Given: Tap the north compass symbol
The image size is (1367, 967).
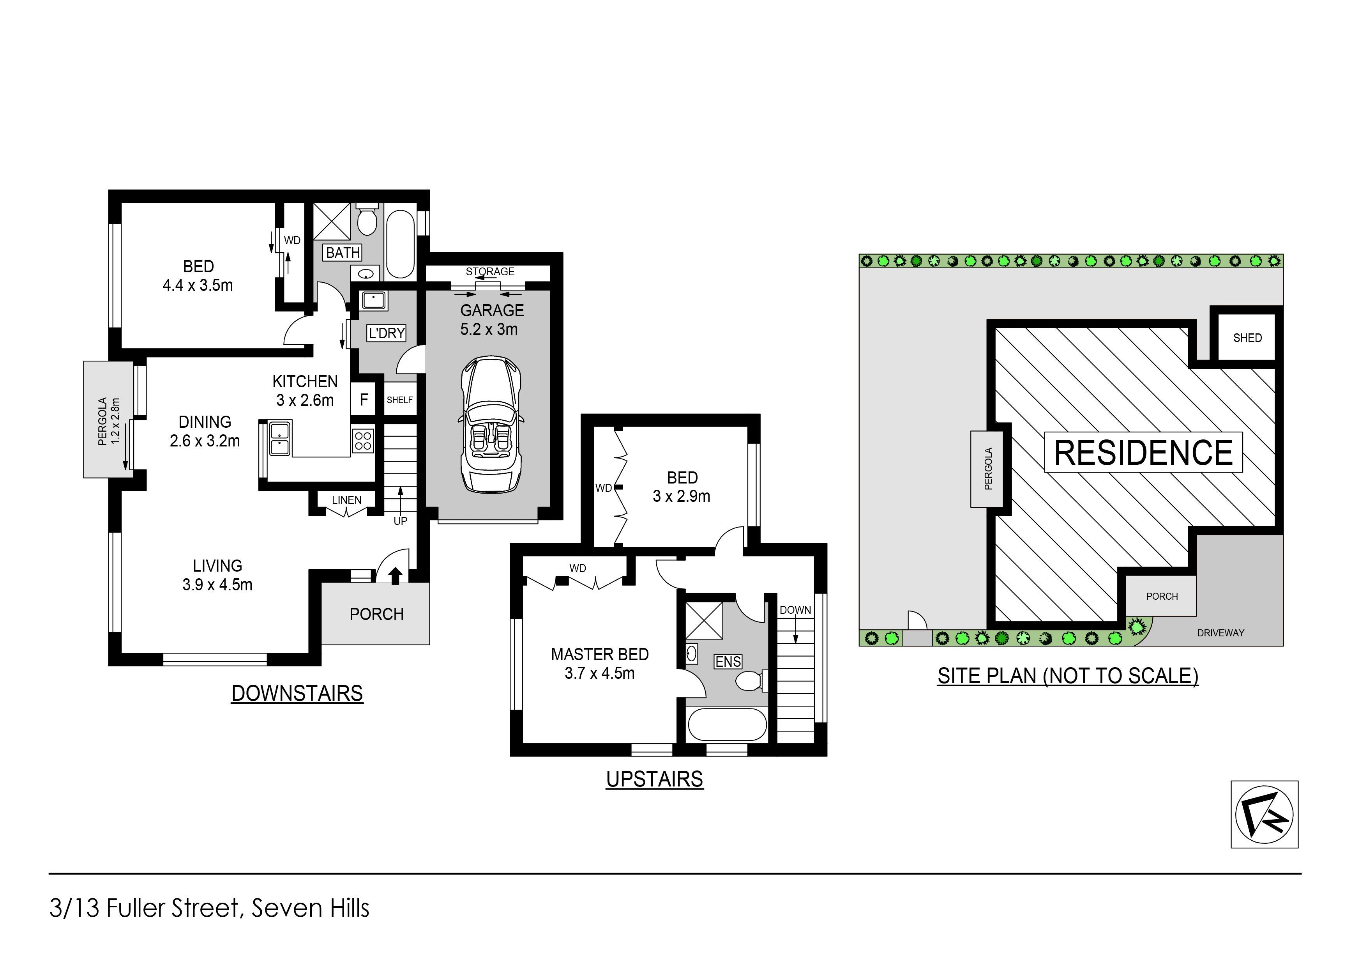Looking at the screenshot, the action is (1264, 814).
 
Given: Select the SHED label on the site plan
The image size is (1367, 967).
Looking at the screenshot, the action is (1247, 338).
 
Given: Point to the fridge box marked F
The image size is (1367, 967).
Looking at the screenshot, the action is (364, 399).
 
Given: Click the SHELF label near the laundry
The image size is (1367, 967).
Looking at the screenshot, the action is (399, 400).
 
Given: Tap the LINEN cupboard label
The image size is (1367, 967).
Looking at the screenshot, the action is (346, 500).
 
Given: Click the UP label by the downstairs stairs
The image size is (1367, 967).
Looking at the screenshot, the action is (400, 521).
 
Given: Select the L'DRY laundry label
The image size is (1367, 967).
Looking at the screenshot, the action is (387, 333).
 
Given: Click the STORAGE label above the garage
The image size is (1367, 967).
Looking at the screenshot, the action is (490, 272).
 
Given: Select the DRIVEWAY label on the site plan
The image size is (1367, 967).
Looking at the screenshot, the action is (1220, 633).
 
